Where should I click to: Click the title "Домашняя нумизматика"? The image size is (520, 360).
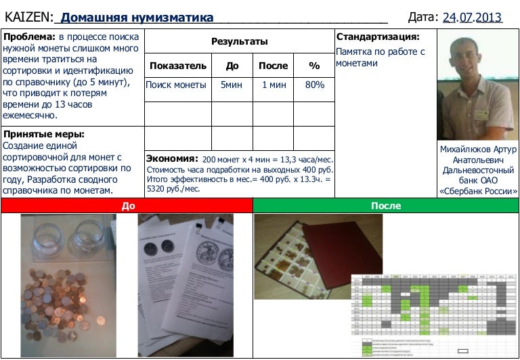click(137, 18)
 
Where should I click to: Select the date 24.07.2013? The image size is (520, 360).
click(472, 18)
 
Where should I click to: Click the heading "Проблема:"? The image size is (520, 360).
click(29, 37)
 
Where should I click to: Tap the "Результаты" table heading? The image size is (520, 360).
click(240, 42)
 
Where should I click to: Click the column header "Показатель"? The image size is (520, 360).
click(178, 66)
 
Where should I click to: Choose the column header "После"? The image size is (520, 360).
click(274, 66)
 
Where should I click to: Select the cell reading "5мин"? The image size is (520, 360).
click(232, 85)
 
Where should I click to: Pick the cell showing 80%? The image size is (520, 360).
click(314, 85)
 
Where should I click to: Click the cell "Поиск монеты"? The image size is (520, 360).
click(176, 85)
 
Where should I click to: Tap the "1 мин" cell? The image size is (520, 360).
click(274, 85)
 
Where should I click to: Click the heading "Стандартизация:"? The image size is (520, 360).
click(378, 37)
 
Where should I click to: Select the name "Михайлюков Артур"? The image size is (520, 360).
click(477, 150)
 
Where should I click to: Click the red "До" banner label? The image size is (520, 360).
click(127, 206)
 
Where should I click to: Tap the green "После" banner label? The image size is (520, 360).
click(386, 206)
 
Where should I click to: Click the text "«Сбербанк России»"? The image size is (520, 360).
click(477, 191)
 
